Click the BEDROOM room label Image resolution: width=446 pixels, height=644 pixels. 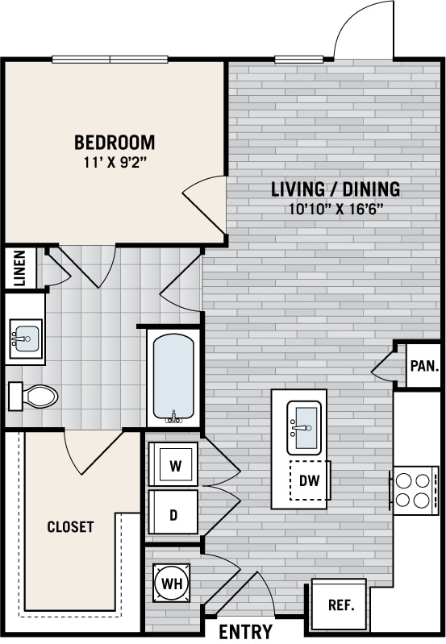click(x=115, y=143)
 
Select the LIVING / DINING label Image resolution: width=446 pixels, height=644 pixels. click(x=335, y=189)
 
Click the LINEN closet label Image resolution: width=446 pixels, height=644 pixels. click(x=20, y=268)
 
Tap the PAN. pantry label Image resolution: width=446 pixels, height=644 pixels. click(x=423, y=365)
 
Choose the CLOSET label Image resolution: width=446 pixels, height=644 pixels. click(x=70, y=527)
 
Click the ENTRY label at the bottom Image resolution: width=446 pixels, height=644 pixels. click(x=245, y=631)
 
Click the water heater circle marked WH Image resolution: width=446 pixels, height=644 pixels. click(x=171, y=582)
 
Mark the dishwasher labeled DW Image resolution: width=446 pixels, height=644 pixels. click(x=310, y=481)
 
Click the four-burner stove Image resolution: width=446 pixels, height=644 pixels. click(x=413, y=489)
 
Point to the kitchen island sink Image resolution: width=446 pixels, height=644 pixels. click(x=304, y=426)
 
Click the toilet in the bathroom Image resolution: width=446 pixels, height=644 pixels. click(x=34, y=396)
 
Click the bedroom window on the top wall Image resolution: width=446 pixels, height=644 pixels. click(x=110, y=59)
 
